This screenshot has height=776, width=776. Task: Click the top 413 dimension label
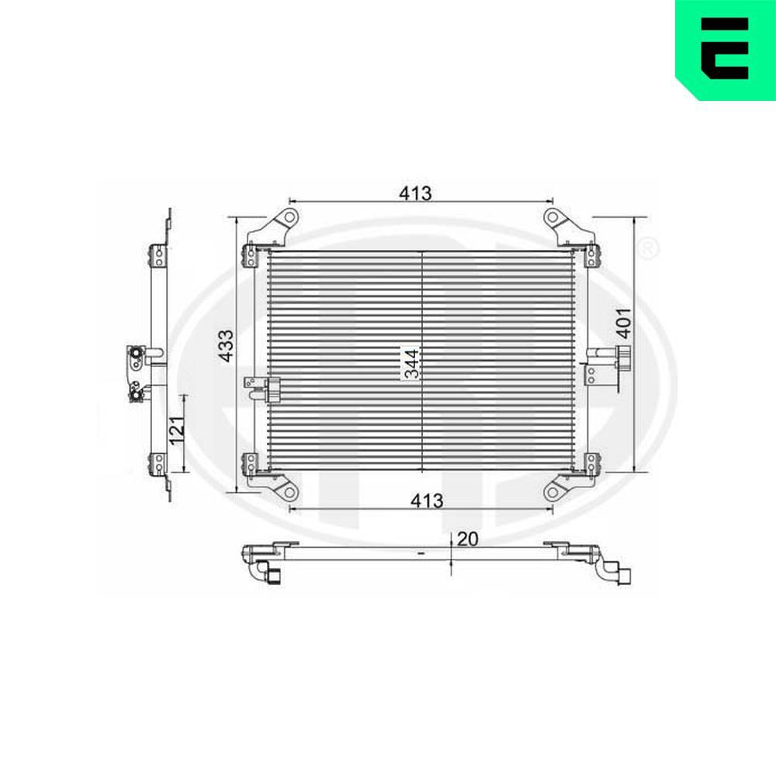tap(415, 192)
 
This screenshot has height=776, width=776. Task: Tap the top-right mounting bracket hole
tap(551, 216)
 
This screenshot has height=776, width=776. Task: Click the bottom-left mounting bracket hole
tap(288, 492)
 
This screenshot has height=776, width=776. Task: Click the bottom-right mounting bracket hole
tap(552, 490)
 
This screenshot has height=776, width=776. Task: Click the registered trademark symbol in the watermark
tap(649, 248)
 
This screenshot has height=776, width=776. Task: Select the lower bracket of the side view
tap(158, 462)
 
